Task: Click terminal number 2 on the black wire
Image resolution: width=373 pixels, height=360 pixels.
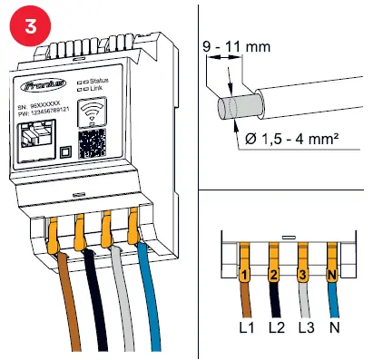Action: (272, 272)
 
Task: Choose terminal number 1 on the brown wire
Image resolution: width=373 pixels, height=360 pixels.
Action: (242, 272)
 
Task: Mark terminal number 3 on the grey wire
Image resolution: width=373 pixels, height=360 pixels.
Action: (303, 272)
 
